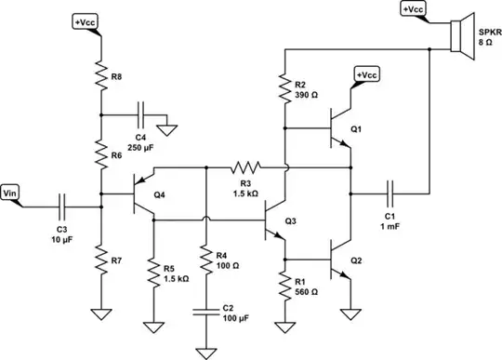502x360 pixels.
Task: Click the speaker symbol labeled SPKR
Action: point(456,36)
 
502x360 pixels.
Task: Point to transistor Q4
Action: point(139,194)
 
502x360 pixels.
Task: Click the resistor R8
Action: point(99,75)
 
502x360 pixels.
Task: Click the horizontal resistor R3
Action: point(246,167)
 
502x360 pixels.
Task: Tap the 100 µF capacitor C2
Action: point(205,314)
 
